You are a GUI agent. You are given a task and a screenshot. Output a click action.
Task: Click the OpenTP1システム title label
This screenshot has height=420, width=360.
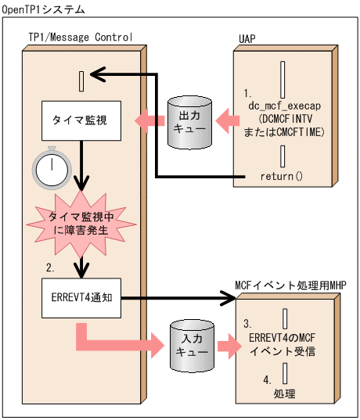pyautogui.click(x=45, y=9)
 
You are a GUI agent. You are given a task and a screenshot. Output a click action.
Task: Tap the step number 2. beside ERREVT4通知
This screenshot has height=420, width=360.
pyautogui.click(x=50, y=268)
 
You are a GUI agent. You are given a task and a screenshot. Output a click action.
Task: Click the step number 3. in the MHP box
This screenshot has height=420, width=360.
pyautogui.click(x=247, y=322)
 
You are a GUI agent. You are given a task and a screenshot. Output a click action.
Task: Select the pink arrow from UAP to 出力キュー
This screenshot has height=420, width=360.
pyautogui.click(x=227, y=120)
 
